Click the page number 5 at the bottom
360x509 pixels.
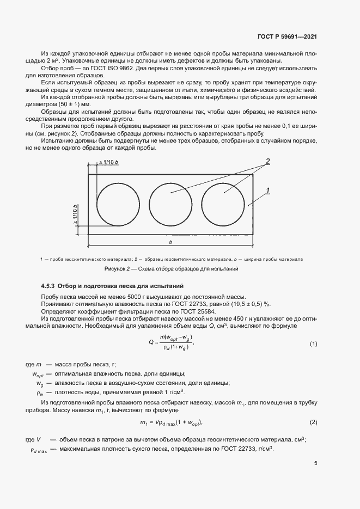tap(315, 463)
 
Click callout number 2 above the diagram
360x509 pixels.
tap(268, 161)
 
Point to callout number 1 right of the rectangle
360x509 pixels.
tap(268, 190)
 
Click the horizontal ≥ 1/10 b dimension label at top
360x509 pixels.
tap(109, 163)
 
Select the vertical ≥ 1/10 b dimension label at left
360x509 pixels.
tap(75, 215)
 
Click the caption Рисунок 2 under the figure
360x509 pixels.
tap(118, 269)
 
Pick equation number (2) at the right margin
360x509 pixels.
tap(313, 422)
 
